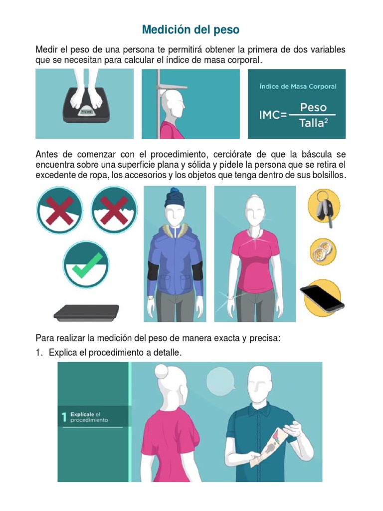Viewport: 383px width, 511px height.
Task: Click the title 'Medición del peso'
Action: (191, 29)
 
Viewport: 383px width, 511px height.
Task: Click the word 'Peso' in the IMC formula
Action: (313, 107)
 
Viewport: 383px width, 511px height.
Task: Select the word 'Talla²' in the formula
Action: (313, 123)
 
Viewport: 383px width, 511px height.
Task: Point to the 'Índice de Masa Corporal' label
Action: (298, 86)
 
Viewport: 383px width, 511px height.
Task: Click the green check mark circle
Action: (86, 264)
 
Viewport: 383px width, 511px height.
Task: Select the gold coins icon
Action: (323, 252)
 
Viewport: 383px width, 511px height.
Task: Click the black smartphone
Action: (322, 297)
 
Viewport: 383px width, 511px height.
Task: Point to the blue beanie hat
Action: (175, 198)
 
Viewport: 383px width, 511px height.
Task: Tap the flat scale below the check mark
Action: (86, 312)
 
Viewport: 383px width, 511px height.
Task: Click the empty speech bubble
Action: (221, 380)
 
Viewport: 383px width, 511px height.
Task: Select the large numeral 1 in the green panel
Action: (64, 417)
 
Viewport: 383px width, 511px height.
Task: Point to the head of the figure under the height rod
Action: (173, 104)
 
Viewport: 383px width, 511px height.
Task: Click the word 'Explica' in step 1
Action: (63, 353)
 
